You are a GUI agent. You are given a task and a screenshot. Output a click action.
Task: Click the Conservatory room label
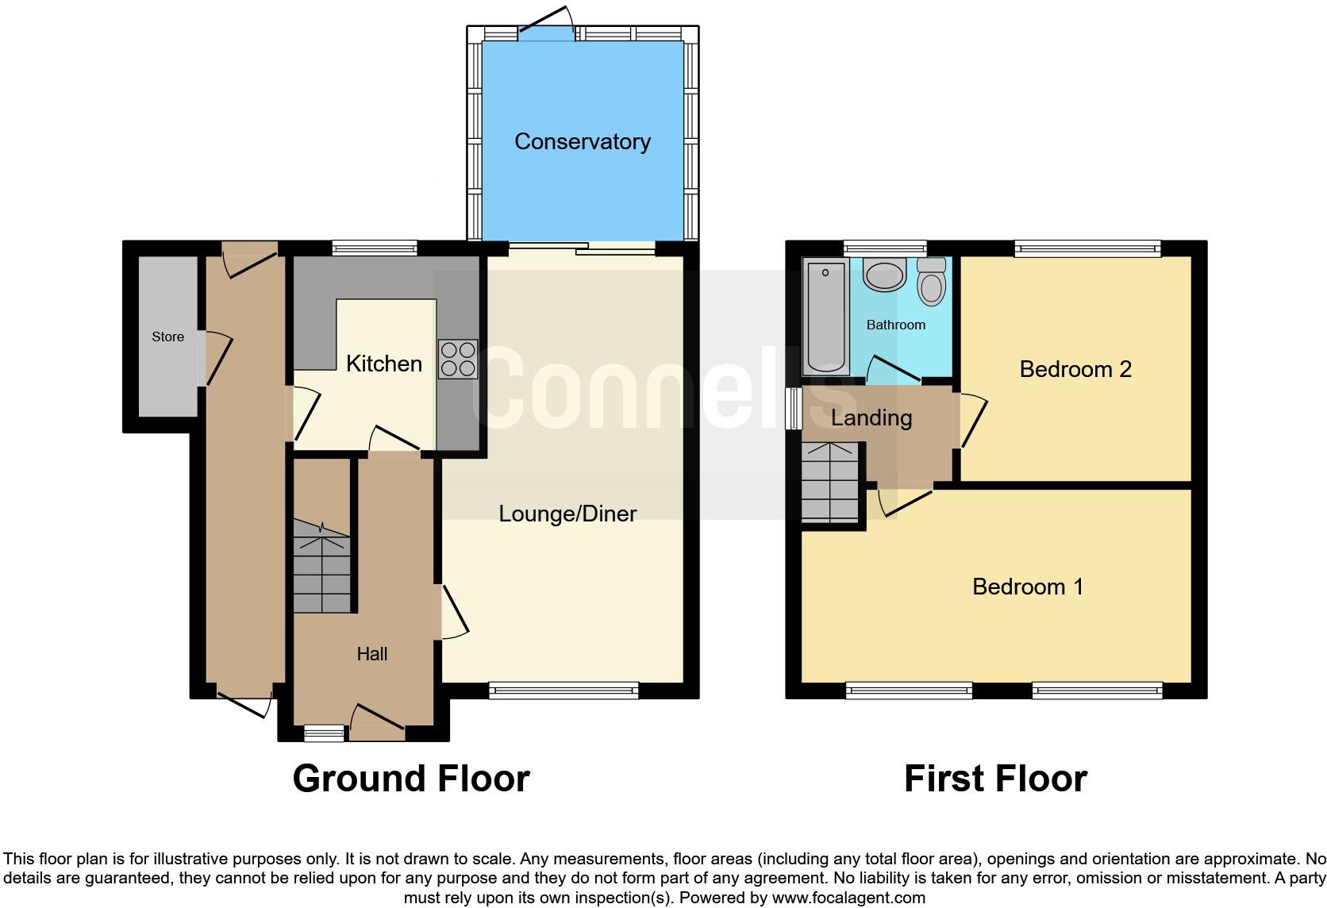(582, 141)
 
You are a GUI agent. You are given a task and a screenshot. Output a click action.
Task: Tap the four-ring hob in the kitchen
(458, 359)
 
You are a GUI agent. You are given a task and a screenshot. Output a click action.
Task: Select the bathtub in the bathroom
(825, 316)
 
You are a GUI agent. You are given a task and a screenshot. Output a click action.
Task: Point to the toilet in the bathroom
(932, 282)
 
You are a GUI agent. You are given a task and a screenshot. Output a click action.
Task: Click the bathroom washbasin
(884, 275)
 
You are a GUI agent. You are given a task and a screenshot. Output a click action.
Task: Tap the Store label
(167, 337)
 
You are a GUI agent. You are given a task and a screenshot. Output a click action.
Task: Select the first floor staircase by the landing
(830, 482)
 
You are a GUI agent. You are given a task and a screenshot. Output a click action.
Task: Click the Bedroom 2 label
(1075, 369)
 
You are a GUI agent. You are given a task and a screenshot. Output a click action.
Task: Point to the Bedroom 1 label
(1027, 587)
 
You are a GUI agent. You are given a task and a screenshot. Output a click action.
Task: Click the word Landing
(871, 417)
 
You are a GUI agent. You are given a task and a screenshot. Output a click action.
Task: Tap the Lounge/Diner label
(567, 514)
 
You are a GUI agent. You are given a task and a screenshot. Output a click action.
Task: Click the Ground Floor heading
(411, 778)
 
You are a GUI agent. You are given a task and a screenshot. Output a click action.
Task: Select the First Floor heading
(995, 778)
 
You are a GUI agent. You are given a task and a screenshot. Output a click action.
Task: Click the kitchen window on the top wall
(375, 248)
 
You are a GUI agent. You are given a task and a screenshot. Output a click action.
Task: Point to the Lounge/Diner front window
(563, 691)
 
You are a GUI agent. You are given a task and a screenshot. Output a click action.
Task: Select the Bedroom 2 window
(1087, 248)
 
